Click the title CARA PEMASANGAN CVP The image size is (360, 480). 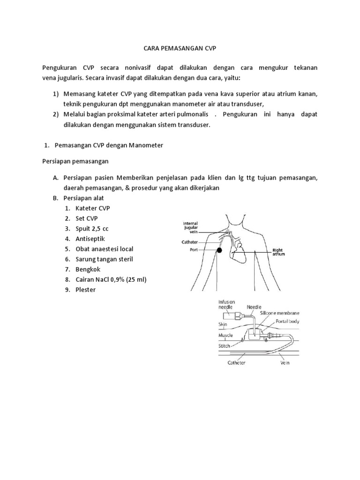(x=180, y=48)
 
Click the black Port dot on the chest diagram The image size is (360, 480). (x=218, y=251)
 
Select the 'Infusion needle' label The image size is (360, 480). (x=227, y=305)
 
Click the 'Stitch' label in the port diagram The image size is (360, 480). (x=225, y=346)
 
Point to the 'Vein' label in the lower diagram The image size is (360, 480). (x=285, y=362)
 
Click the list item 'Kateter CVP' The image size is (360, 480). (x=93, y=208)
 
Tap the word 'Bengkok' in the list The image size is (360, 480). (x=88, y=270)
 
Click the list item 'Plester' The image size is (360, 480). (x=85, y=290)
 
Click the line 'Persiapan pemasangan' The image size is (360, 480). (x=75, y=161)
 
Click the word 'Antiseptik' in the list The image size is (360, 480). (x=90, y=239)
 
